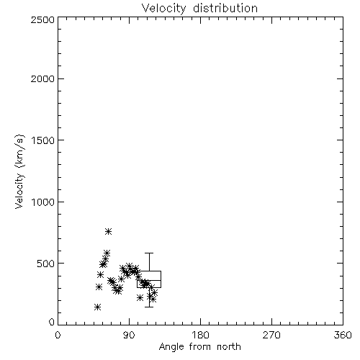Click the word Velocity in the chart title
coord(164,9)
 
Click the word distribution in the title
coord(225,8)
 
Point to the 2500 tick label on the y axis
coord(42,19)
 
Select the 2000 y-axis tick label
coord(42,78)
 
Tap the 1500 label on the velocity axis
coord(43,140)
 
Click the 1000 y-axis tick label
coord(43,202)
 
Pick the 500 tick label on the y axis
coord(46,264)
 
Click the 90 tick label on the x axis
coord(129,335)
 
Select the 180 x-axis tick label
coord(200,335)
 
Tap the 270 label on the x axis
coord(271,335)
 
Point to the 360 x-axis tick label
coord(343,335)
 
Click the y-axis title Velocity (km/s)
coord(19,171)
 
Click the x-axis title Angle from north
coord(200,347)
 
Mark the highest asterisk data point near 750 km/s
coord(109,231)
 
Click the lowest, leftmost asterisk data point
coord(97,307)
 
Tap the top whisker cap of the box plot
coord(149,253)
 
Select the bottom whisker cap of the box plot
coord(149,307)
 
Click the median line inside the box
coord(149,280)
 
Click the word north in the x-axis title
coord(229,346)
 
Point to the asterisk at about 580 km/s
coord(107,253)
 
